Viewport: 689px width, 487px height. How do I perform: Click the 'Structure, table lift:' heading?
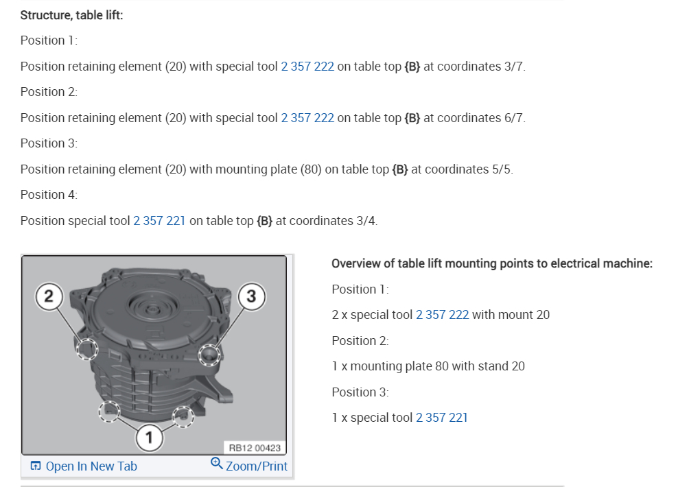pyautogui.click(x=71, y=15)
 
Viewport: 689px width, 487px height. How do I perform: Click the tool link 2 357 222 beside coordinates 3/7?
pyautogui.click(x=307, y=67)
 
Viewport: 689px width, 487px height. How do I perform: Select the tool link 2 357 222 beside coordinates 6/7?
pyautogui.click(x=307, y=118)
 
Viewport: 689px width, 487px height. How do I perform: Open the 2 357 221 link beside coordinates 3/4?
pyautogui.click(x=159, y=220)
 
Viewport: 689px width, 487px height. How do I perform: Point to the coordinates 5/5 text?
pyautogui.click(x=502, y=169)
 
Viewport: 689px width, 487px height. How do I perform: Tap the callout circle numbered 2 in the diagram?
pyautogui.click(x=49, y=296)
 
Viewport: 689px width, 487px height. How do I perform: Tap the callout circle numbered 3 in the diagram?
pyautogui.click(x=251, y=296)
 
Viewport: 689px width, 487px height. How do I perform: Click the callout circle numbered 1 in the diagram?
pyautogui.click(x=150, y=438)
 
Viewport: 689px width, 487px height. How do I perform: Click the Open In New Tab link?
pyautogui.click(x=91, y=466)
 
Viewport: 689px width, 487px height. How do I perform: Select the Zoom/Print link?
pyautogui.click(x=257, y=466)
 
